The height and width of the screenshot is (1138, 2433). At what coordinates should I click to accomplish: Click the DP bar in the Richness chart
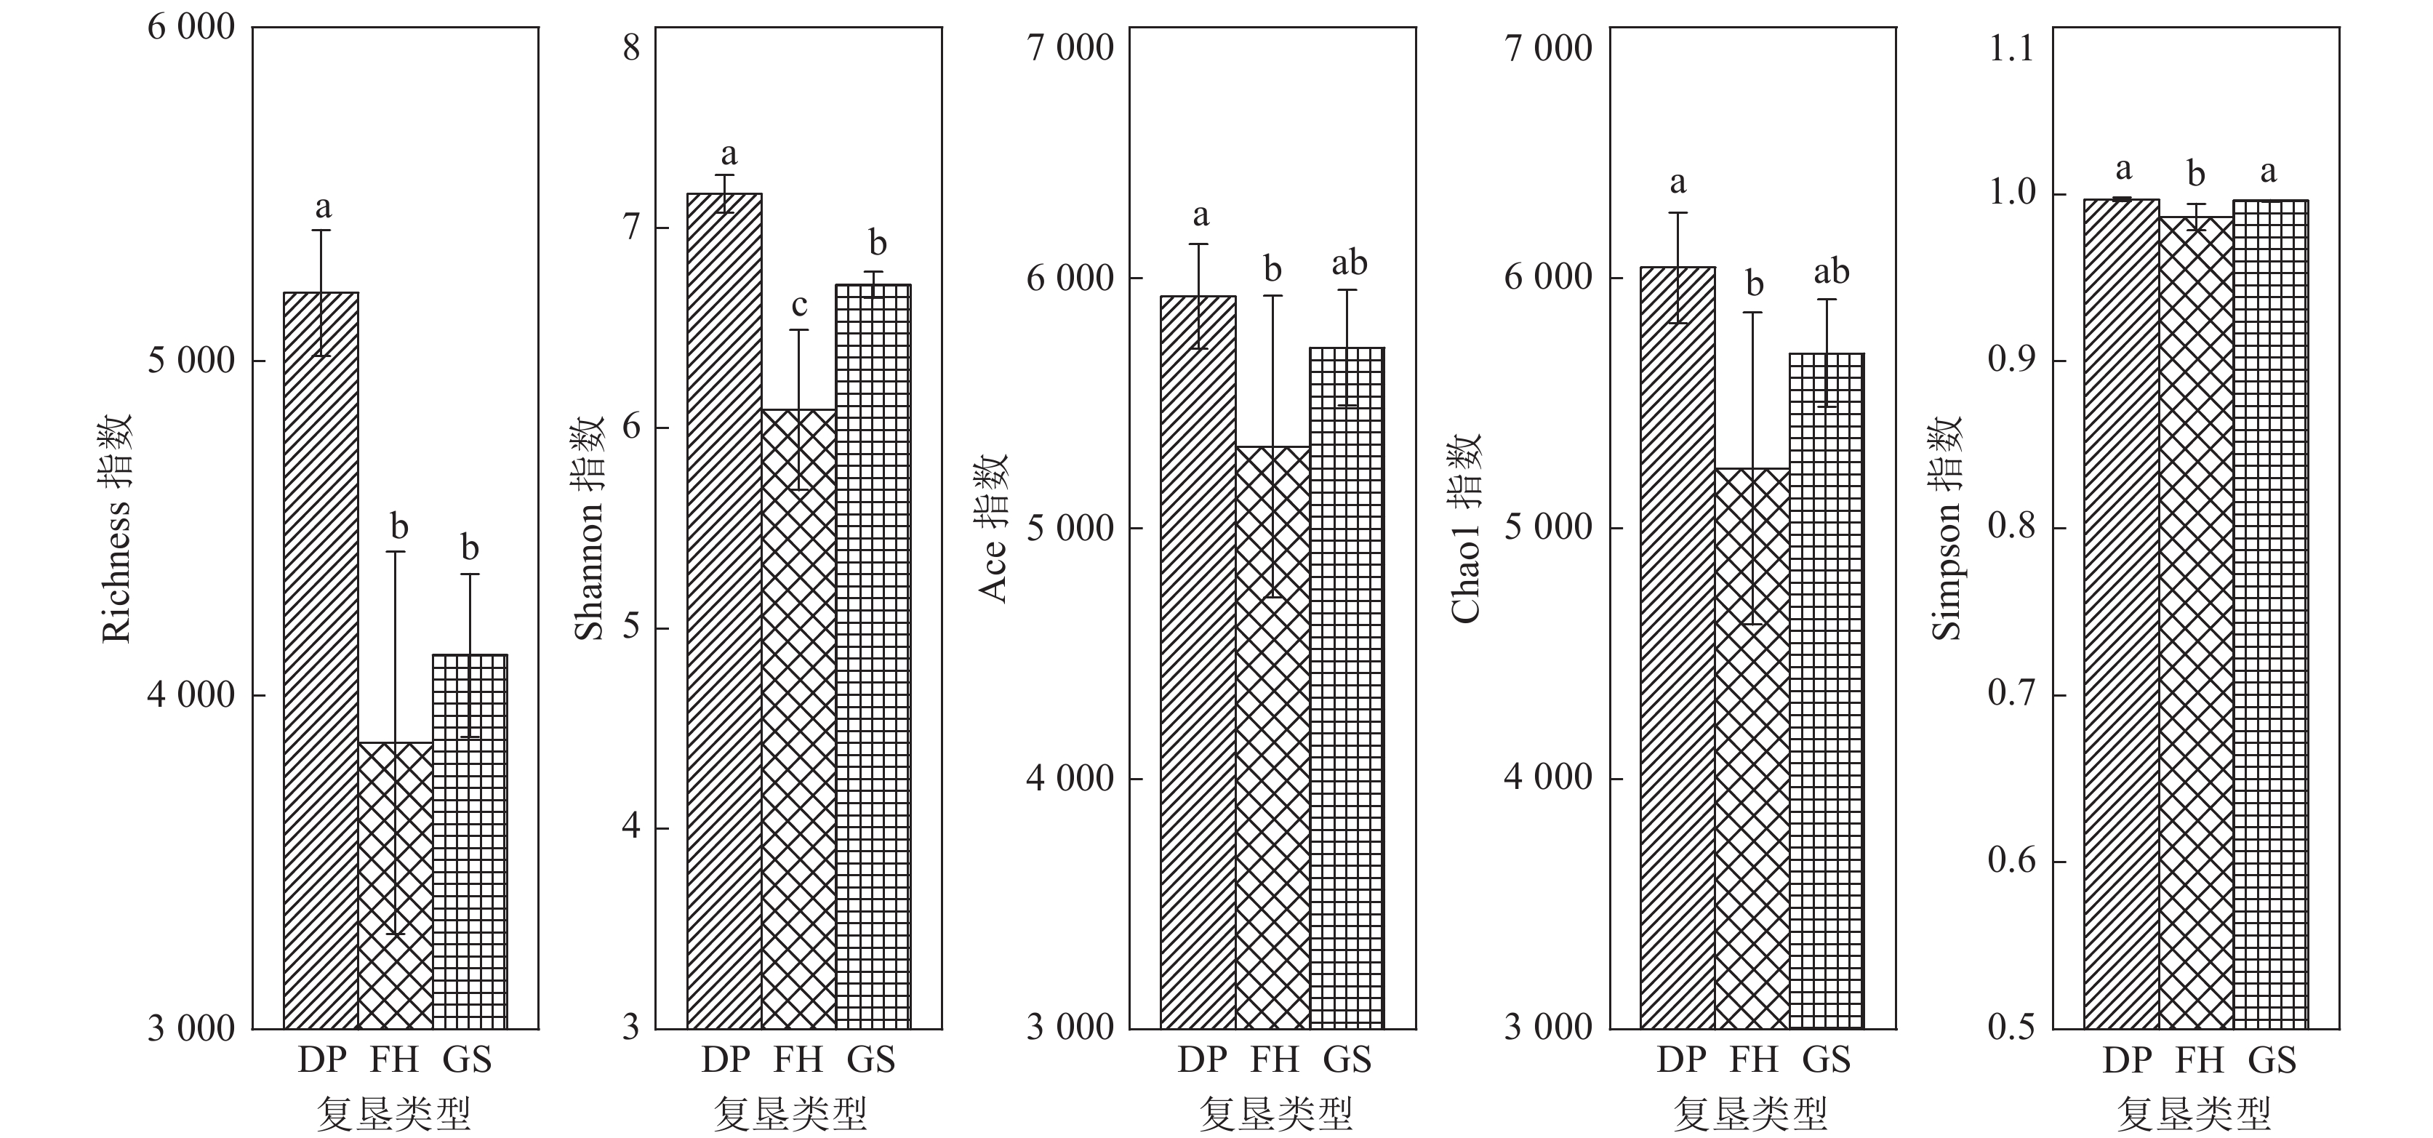tap(321, 661)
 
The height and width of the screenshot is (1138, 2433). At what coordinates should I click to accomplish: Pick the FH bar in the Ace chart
tap(1273, 737)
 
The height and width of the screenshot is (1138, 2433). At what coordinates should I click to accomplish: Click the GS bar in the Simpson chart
tap(2271, 614)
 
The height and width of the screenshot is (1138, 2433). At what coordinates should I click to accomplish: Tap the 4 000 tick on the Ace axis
tap(1070, 778)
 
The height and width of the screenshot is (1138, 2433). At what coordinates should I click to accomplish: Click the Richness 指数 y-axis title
tap(117, 529)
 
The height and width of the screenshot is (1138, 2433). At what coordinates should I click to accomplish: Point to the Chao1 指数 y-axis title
tap(1466, 529)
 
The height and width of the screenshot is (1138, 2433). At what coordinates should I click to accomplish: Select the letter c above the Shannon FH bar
tap(799, 305)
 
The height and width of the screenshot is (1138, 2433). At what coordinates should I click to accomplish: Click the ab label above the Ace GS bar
tap(1349, 263)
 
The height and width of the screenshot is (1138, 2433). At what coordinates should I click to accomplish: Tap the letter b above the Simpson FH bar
tap(2197, 174)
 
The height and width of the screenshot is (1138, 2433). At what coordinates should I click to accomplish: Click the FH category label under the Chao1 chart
tap(1754, 1059)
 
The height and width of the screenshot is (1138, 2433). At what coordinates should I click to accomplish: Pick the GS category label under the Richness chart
tap(468, 1059)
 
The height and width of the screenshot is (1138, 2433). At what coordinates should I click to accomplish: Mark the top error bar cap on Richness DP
tap(321, 231)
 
